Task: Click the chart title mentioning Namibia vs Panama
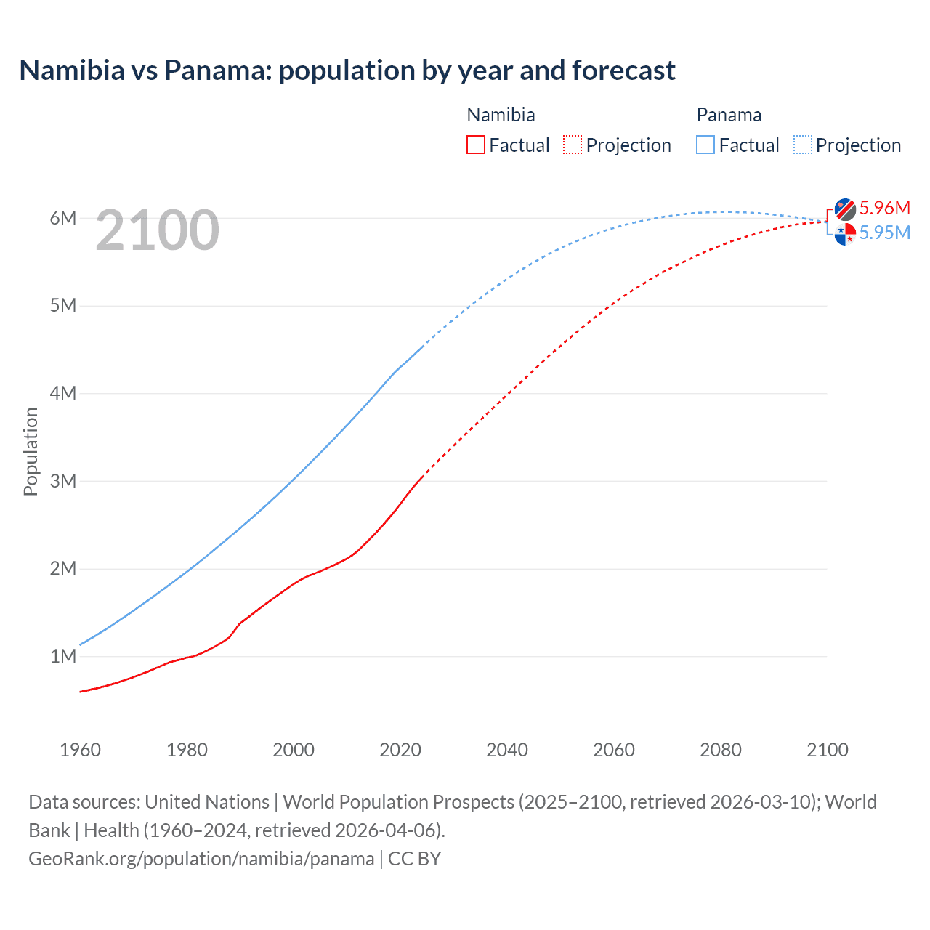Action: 347,70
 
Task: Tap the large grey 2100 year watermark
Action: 157,230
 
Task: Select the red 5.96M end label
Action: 884,208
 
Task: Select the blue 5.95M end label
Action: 884,232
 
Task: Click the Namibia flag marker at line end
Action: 845,209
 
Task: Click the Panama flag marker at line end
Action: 845,234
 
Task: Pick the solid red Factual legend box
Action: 476,145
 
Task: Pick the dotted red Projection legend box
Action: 573,145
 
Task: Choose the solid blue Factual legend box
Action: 705,145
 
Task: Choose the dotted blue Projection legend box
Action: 803,145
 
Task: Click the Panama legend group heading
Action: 729,115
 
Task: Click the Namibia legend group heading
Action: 501,115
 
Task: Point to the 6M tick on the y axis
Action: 63,218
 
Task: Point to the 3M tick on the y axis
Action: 63,481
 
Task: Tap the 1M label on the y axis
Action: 63,657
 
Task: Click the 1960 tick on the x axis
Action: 80,750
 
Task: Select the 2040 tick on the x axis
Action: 507,750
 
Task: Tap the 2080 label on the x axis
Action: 721,750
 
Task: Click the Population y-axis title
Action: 31,451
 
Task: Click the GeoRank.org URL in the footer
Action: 201,859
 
